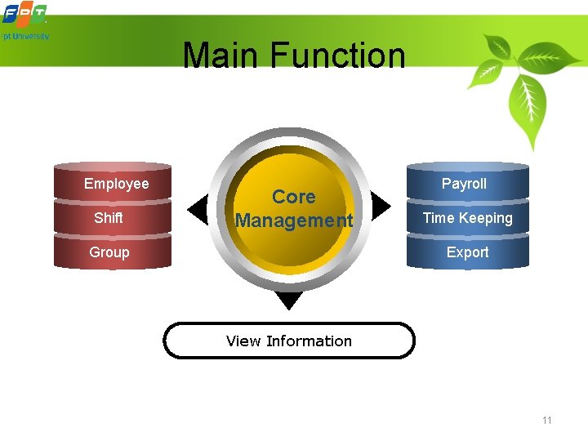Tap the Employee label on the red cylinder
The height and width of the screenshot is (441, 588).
(116, 184)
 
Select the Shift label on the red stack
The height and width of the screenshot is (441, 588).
(109, 218)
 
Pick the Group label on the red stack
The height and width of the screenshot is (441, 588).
(109, 252)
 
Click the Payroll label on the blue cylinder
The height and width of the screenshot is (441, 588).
(464, 184)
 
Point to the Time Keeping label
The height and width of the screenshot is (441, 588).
(467, 218)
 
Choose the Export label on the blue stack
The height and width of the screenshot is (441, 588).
(467, 252)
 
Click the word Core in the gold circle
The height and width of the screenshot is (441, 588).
(293, 197)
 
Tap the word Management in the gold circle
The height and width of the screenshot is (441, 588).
(293, 220)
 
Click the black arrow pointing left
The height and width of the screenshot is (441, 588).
(198, 210)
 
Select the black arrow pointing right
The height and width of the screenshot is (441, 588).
(381, 207)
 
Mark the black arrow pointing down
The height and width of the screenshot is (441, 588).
(289, 301)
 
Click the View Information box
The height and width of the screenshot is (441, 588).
(289, 341)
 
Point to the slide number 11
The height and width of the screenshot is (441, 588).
(546, 421)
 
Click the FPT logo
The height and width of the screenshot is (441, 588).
(24, 14)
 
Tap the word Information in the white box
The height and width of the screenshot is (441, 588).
(309, 341)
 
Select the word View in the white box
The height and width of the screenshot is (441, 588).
(243, 341)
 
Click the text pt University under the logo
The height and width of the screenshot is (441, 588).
(25, 37)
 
